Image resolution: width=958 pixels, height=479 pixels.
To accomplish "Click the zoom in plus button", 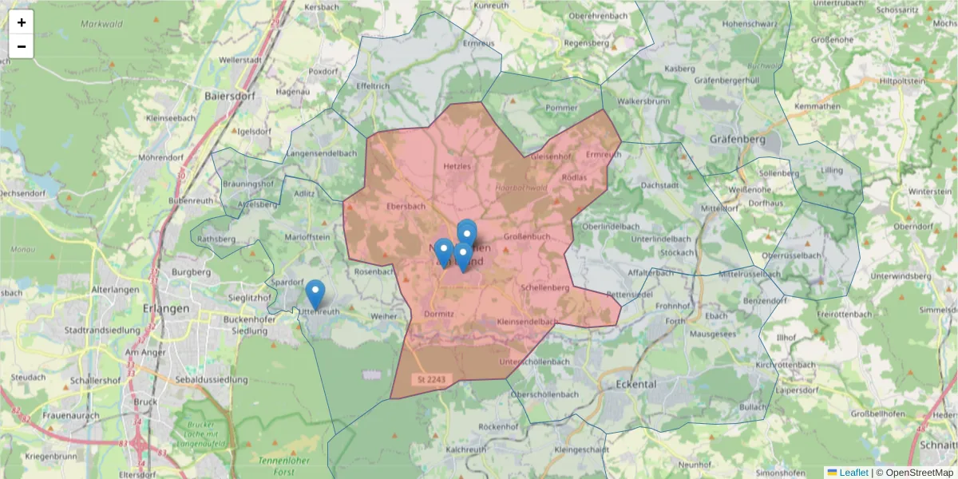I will point(22,22).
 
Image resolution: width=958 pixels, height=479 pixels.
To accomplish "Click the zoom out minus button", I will point(22,46).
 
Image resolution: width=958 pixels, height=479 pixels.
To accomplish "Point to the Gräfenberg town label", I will point(737,139).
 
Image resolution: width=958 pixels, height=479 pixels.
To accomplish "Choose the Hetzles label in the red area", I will point(457,166).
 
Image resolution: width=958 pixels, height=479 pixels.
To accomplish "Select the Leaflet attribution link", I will point(853,473).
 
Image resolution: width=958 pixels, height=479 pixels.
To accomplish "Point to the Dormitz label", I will point(439,314).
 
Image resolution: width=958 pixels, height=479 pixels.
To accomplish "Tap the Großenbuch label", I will point(528,236).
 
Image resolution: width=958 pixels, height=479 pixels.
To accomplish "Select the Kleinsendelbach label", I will point(527,321).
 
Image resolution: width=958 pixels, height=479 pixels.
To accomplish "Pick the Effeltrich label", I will point(373,85).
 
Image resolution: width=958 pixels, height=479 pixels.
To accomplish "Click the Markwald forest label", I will point(101,24).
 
